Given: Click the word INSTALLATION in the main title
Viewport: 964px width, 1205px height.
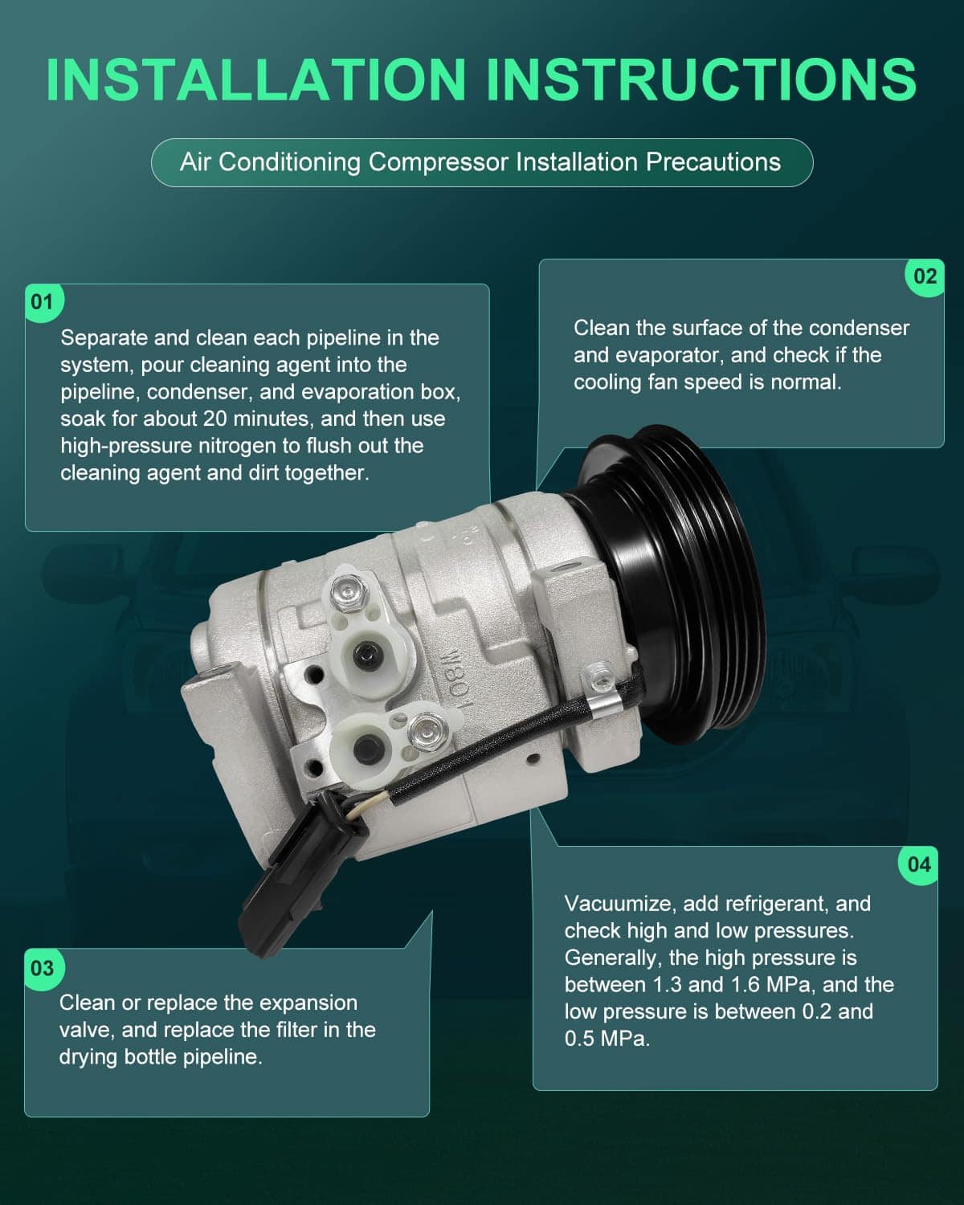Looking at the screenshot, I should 255,79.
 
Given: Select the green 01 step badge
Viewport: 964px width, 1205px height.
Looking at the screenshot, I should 42,303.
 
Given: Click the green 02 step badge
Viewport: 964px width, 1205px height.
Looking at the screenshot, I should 925,277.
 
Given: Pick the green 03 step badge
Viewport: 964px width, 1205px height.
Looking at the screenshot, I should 42,969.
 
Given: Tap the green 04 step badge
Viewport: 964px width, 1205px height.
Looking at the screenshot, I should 918,865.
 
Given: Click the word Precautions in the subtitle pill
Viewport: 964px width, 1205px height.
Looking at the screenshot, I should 713,162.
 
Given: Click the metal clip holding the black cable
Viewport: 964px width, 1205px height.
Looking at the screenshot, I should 599,706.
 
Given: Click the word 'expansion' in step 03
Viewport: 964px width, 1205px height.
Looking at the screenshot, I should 308,1003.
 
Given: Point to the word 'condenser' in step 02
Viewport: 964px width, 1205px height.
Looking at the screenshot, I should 859,328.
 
